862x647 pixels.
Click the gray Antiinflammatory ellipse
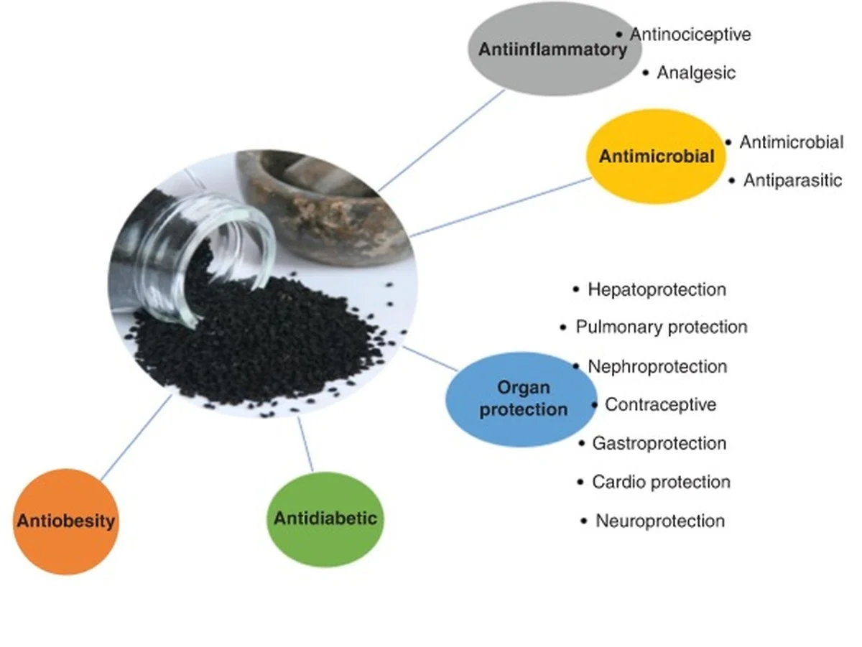(x=546, y=49)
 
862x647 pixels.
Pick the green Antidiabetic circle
(x=325, y=518)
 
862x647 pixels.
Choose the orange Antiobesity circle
(x=65, y=521)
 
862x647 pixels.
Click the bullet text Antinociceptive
(x=690, y=34)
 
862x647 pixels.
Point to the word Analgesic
(x=695, y=73)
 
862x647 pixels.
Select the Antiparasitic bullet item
(x=792, y=180)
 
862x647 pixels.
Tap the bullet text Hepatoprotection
(x=656, y=289)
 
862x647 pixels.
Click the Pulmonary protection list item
(x=661, y=327)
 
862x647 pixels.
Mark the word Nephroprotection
(x=657, y=366)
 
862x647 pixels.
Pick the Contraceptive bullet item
(x=660, y=404)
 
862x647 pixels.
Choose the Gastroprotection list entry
(x=658, y=443)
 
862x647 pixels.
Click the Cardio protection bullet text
(x=660, y=482)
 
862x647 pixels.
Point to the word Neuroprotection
(x=659, y=521)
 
